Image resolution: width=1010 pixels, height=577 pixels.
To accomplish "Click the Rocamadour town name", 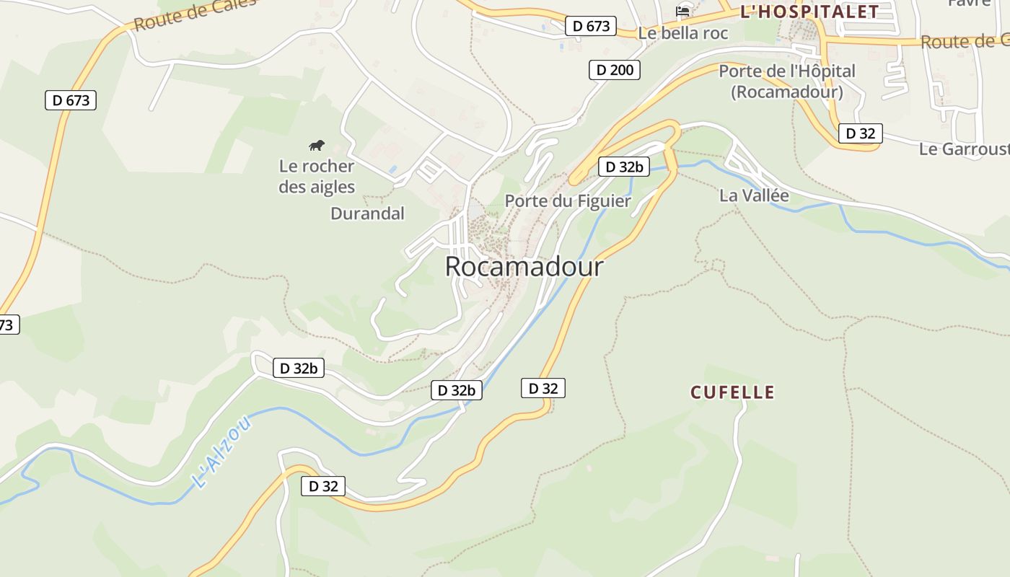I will pyautogui.click(x=524, y=267).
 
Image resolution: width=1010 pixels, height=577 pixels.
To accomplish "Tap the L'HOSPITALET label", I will pyautogui.click(x=810, y=12).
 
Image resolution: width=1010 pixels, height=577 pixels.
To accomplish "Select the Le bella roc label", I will pyautogui.click(x=683, y=33).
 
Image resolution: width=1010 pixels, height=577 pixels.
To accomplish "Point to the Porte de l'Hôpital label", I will pyautogui.click(x=787, y=81).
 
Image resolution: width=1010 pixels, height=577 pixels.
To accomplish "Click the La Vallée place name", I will pyautogui.click(x=754, y=195).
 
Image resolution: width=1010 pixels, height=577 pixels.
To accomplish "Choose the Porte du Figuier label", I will pyautogui.click(x=568, y=201).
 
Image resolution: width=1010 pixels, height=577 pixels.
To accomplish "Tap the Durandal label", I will pyautogui.click(x=367, y=213).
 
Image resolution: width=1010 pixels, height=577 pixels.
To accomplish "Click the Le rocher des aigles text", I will pyautogui.click(x=317, y=177).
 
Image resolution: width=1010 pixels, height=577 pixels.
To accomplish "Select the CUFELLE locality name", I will pyautogui.click(x=732, y=392).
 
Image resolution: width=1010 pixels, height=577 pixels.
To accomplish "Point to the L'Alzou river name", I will pyautogui.click(x=222, y=452).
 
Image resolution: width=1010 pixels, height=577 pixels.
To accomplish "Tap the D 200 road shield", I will pyautogui.click(x=615, y=70).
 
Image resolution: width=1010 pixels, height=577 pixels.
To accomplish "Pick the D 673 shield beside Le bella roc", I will pyautogui.click(x=591, y=27).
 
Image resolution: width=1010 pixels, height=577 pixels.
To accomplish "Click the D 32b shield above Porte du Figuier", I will pyautogui.click(x=624, y=167).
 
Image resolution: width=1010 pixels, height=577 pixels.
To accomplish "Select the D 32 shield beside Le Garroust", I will pyautogui.click(x=860, y=133).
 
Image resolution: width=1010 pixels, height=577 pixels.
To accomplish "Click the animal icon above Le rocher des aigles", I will pyautogui.click(x=317, y=146).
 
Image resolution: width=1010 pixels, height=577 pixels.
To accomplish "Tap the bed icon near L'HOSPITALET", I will pyautogui.click(x=682, y=11).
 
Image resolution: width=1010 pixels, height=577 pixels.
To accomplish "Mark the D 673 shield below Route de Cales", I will pyautogui.click(x=71, y=100).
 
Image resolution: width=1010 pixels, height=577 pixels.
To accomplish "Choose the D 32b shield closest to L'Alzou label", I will pyautogui.click(x=298, y=368).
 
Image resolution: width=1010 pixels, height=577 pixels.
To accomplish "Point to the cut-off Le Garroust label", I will pyautogui.click(x=964, y=149).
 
